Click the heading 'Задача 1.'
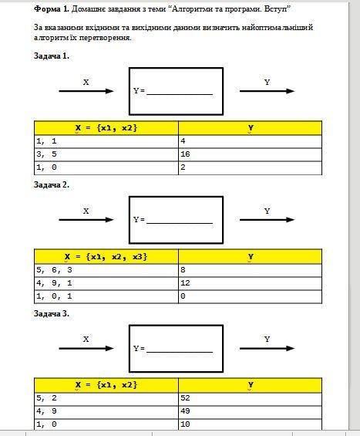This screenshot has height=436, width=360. [52, 56]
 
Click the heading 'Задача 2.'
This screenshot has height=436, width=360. [52, 184]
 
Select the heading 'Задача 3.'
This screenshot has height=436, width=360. [52, 313]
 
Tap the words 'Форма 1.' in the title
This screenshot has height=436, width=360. [52, 9]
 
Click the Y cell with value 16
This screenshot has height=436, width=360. [250, 154]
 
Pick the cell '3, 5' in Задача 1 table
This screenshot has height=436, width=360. [106, 154]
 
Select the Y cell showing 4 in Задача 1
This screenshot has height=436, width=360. [250, 141]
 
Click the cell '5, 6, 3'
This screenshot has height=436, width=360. [106, 270]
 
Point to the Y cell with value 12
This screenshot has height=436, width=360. [250, 283]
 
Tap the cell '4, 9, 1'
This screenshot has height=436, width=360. [106, 283]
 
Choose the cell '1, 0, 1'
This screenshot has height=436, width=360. [106, 296]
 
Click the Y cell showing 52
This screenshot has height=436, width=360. [250, 398]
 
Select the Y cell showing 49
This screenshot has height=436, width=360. [250, 411]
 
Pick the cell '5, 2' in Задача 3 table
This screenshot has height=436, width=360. [106, 398]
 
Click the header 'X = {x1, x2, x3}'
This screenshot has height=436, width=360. [106, 256]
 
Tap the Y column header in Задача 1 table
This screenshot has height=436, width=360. [250, 128]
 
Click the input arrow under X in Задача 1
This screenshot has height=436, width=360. [86, 91]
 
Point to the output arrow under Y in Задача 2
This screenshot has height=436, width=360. [267, 220]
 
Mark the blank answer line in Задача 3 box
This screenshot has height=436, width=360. [180, 352]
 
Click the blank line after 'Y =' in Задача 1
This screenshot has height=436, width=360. [180, 95]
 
